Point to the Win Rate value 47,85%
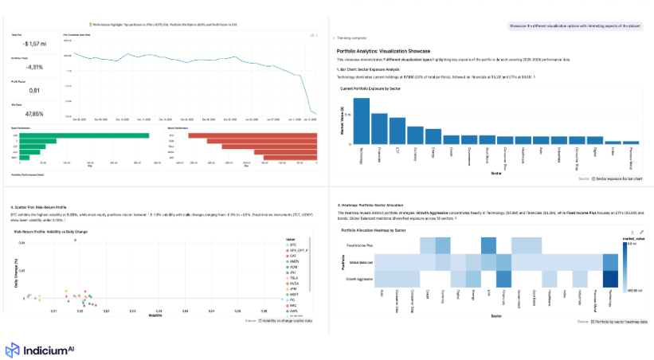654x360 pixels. pyautogui.click(x=25, y=115)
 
